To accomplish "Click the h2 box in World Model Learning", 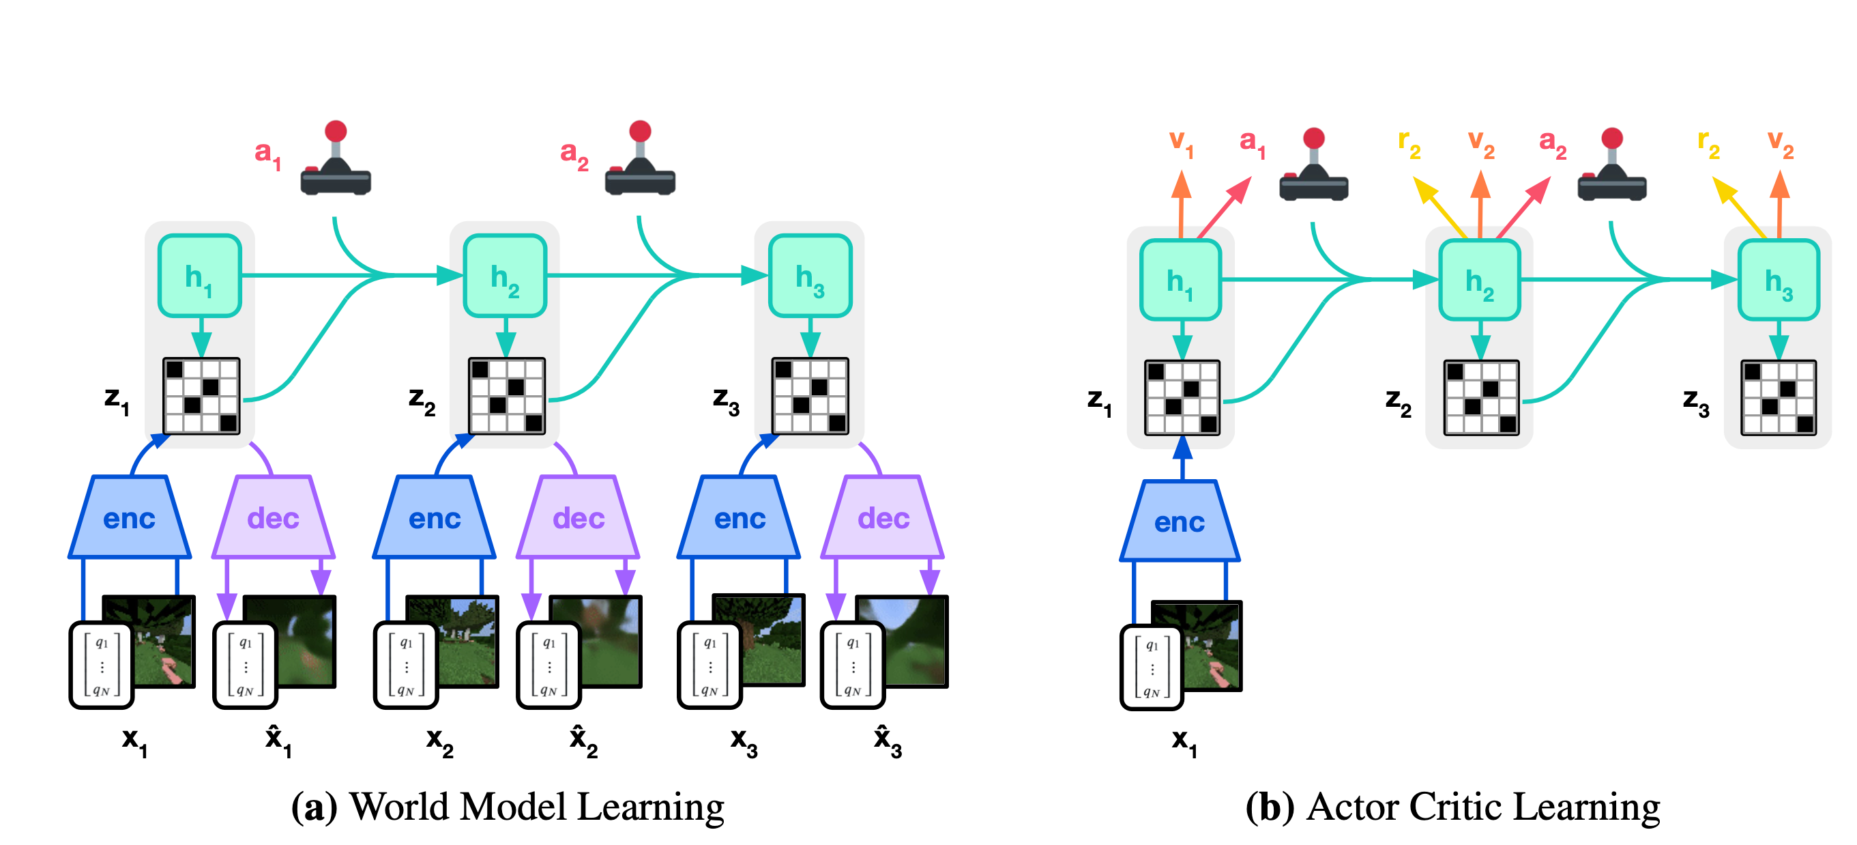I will click(x=505, y=276).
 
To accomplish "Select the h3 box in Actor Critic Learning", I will click(x=1779, y=281).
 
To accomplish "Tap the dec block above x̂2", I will click(x=578, y=517).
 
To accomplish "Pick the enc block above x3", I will click(x=739, y=517).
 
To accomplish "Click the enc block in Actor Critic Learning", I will click(x=1180, y=521).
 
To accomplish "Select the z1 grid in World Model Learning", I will click(x=201, y=396).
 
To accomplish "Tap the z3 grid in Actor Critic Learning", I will click(x=1779, y=398).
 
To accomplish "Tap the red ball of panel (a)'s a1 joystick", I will click(x=336, y=131).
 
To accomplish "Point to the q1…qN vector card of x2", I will click(x=406, y=665).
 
